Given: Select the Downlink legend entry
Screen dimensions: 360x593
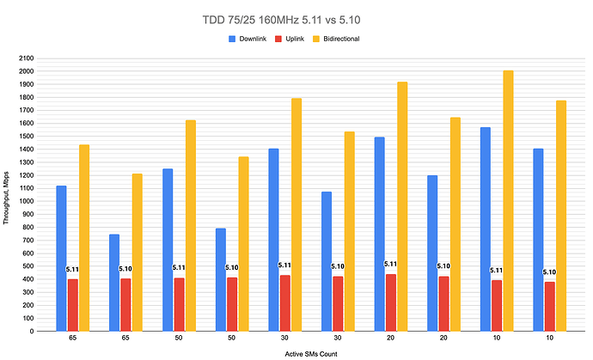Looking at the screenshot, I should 257,39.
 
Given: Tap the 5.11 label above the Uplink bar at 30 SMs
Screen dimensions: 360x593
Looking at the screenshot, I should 284,265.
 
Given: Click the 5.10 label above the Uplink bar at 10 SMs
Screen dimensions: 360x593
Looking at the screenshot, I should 549,272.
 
